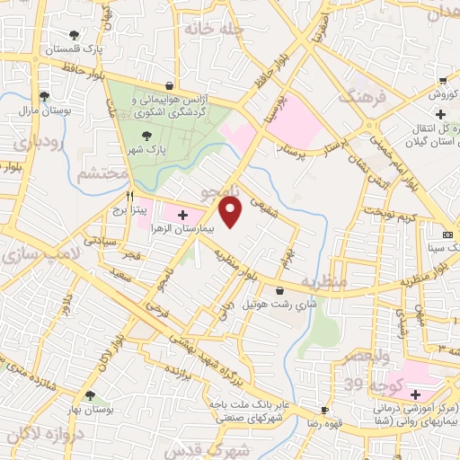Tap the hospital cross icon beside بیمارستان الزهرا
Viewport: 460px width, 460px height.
point(182,215)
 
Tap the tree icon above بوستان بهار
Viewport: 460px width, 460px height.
point(90,395)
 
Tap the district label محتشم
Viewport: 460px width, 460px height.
point(98,172)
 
